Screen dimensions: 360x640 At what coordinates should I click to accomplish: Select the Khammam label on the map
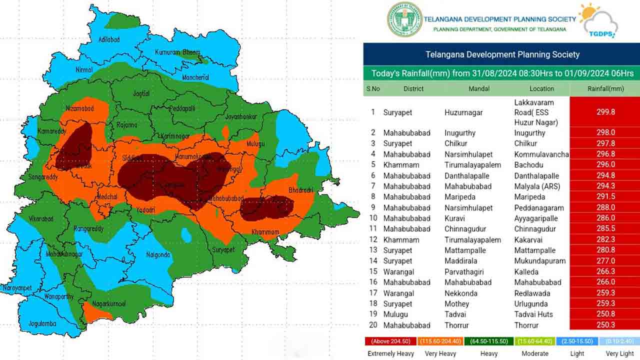(265, 232)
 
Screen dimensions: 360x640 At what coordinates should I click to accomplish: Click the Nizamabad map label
(80, 108)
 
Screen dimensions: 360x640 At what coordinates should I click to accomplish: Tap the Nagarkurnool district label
(108, 303)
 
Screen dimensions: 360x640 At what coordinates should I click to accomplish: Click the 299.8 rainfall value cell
(605, 112)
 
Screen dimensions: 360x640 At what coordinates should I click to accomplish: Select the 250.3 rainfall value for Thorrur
(605, 325)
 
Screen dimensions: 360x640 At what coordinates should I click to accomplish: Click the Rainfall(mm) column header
(605, 88)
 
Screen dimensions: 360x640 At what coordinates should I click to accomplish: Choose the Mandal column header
(478, 88)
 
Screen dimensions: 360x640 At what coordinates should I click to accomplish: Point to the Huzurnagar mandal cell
(463, 112)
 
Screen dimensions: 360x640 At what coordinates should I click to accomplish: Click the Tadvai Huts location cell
(533, 314)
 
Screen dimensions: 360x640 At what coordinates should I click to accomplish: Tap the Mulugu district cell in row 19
(395, 314)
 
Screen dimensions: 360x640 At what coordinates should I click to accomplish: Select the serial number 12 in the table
(373, 239)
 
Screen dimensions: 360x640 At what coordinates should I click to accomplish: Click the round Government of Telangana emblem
(405, 19)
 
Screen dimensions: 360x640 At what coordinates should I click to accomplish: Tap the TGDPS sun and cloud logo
(598, 20)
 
